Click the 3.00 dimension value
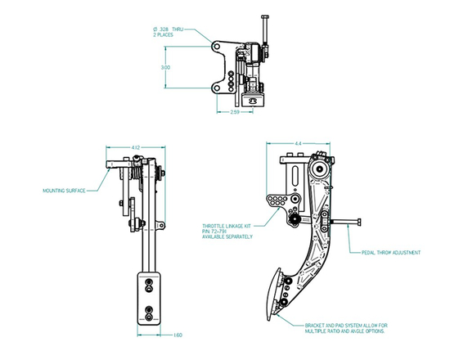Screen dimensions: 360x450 pos(165,67)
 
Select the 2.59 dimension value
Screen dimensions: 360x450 pos(234,112)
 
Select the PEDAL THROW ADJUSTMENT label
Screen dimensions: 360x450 pos(390,253)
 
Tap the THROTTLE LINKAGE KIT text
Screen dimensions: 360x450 pos(228,225)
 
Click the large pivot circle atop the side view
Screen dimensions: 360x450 pos(320,170)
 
